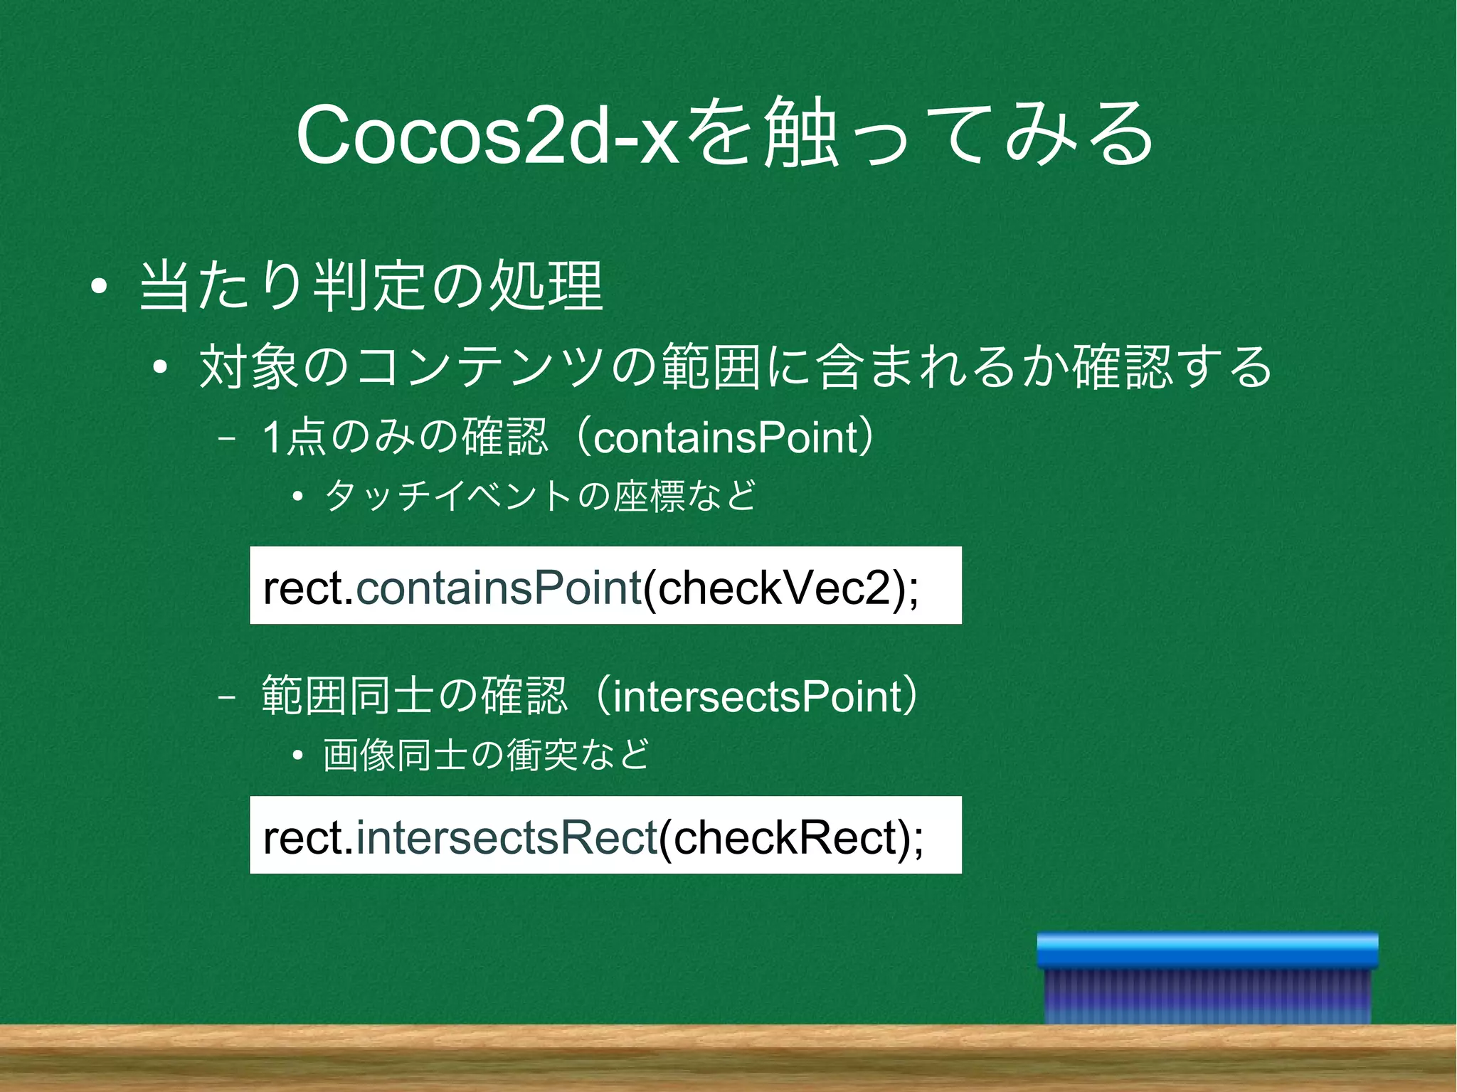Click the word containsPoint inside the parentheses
point(726,438)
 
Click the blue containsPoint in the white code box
point(499,588)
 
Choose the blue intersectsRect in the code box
point(506,837)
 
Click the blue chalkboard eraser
point(1207,978)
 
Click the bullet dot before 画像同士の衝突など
point(298,756)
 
